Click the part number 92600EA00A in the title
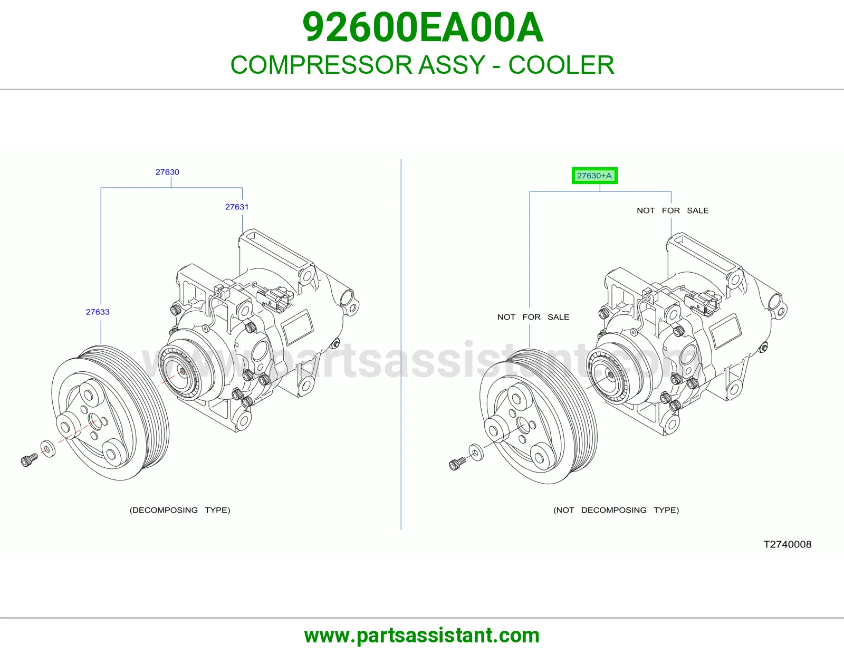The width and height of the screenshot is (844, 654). pos(423,27)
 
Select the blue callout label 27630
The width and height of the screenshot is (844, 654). pos(167,172)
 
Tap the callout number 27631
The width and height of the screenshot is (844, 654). pos(237,207)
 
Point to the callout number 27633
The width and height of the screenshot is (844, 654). pos(98,312)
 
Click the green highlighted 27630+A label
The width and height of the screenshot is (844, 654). pos(594,176)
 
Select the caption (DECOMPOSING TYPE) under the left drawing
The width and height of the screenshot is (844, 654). pos(180,510)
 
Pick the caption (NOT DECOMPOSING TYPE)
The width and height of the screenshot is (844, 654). pos(616,510)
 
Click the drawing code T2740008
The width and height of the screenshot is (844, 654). pos(787,544)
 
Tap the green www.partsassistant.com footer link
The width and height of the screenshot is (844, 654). pos(422,636)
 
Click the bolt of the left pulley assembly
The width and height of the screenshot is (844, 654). pos(29,460)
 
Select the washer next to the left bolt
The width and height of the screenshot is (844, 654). pos(48,449)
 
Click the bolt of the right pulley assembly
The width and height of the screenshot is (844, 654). pos(457,464)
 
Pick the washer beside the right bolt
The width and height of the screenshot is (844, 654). pos(476,453)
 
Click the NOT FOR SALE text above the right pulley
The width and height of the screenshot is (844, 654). pos(533,317)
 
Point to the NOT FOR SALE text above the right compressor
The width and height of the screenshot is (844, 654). pos(673,210)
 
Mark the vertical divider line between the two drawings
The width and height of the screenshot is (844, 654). pos(401,344)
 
